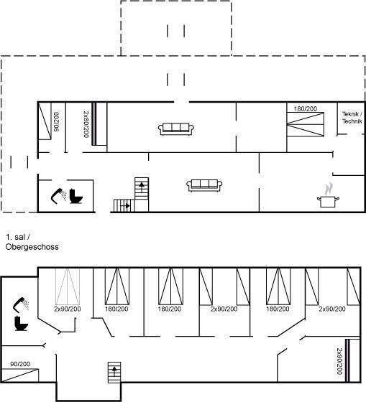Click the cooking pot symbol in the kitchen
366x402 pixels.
328,201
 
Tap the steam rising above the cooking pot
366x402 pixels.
329,189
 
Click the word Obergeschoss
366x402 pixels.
32,247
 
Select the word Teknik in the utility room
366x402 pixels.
350,114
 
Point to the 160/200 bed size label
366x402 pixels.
116,309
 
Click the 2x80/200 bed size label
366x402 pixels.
86,124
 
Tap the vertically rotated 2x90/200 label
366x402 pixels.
339,361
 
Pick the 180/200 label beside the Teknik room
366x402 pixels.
305,108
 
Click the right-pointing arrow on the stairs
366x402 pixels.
127,205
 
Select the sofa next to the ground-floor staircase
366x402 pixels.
204,185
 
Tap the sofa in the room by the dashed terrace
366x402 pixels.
176,129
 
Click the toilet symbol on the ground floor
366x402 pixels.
76,196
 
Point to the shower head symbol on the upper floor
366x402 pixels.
21,304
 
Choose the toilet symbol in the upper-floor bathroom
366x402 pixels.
22,323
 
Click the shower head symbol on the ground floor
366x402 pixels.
58,196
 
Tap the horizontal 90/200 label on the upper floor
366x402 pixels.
20,364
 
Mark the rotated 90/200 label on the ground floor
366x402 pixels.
56,122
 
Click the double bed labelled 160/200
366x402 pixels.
117,286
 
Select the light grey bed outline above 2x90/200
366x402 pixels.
68,286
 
